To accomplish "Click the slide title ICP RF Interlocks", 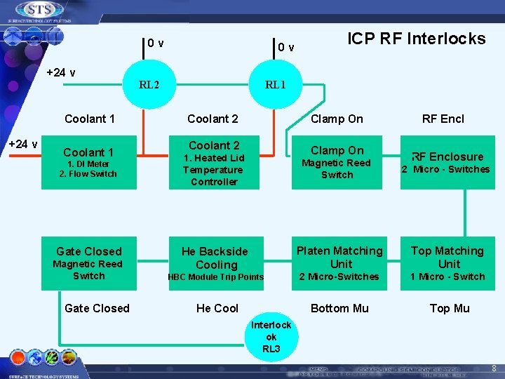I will (417, 39).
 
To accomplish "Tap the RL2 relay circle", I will (149, 84).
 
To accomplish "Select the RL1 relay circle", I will (275, 84).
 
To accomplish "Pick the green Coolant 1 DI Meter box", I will (88, 162).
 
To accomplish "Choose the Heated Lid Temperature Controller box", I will (214, 163).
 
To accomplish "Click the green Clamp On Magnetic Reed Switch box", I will (337, 162).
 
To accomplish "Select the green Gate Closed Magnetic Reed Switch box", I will (88, 262).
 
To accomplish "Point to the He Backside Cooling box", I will (216, 262).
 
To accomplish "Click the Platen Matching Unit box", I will (340, 262).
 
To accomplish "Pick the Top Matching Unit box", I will (447, 262).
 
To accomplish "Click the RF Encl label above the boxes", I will (443, 119).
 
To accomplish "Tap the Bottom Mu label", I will (339, 308).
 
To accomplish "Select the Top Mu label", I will (450, 308).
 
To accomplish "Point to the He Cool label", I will (217, 308).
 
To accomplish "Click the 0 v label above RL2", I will (156, 44).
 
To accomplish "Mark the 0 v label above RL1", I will (285, 48).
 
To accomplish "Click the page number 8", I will (494, 367).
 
